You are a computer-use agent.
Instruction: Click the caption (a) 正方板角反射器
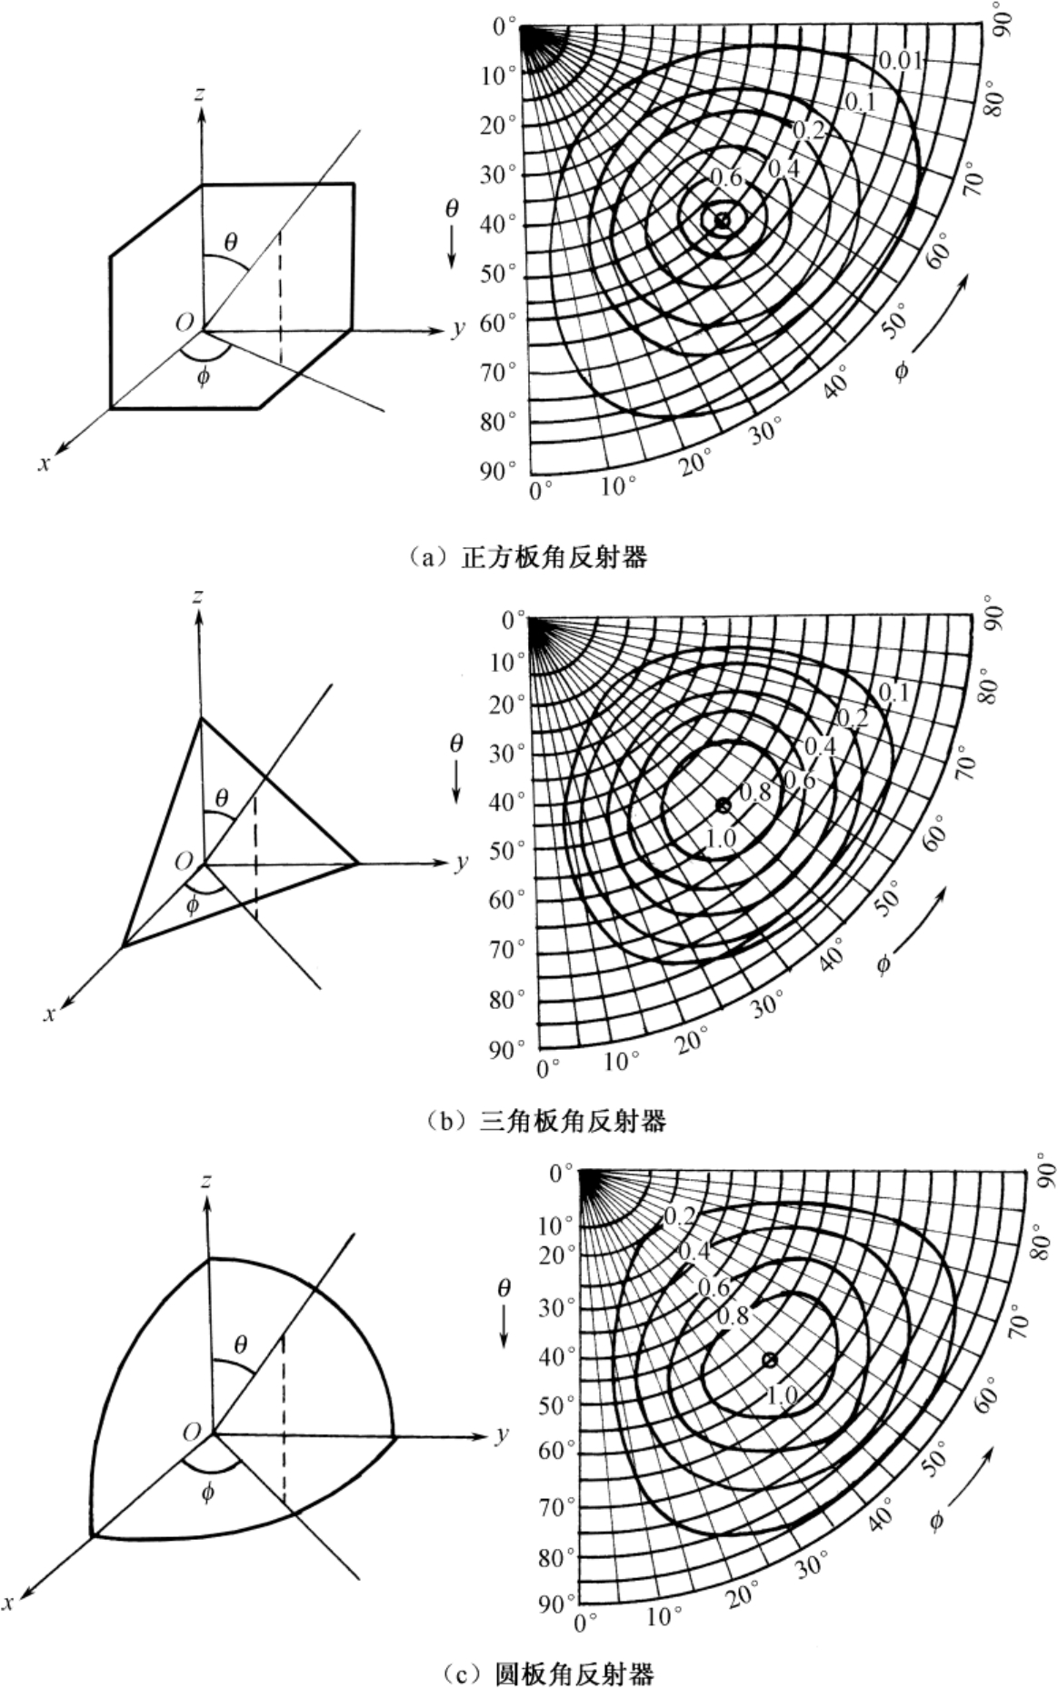528,556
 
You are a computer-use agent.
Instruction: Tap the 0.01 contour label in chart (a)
901,61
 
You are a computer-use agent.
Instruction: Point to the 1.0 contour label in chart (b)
720,837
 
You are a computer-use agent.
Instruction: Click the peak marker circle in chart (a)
722,220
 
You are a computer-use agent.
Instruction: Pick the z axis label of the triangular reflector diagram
199,596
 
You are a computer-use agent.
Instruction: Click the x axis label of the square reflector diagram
43,463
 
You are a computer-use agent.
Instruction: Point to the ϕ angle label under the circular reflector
208,1492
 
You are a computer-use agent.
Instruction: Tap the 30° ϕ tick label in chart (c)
812,1564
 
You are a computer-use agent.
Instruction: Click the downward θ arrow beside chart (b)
455,777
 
